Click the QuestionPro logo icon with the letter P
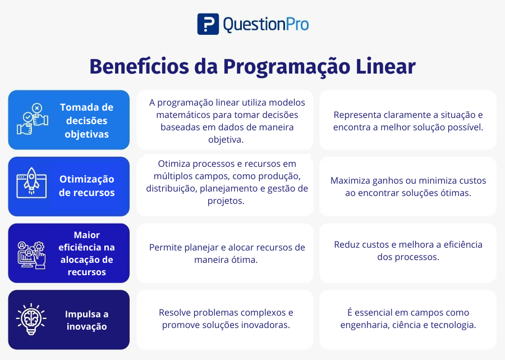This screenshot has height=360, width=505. click(208, 24)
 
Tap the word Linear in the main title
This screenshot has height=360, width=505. click(385, 66)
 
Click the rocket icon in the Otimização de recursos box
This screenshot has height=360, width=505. click(31, 183)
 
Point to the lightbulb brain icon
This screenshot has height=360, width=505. click(31, 320)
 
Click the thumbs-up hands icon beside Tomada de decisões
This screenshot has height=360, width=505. click(33, 119)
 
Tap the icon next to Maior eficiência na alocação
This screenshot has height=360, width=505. click(31, 255)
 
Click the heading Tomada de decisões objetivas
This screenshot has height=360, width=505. click(86, 121)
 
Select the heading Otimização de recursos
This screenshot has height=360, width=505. click(86, 186)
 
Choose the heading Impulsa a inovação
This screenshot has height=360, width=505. click(86, 320)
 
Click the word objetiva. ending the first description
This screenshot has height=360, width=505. click(226, 139)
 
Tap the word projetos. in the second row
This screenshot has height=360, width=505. click(226, 201)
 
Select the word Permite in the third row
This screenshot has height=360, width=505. click(164, 247)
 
